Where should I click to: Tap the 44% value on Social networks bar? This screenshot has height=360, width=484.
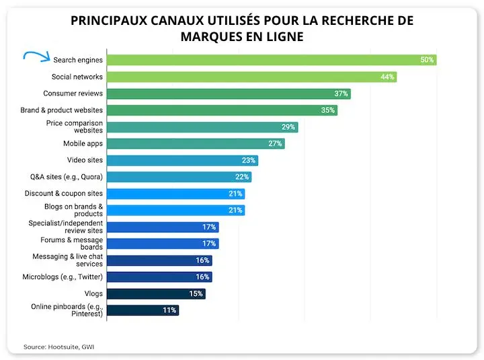click(x=387, y=77)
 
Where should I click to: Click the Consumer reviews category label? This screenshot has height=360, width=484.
click(x=73, y=94)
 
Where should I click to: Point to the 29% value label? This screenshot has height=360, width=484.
click(x=288, y=127)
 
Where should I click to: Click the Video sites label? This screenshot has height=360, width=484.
click(x=85, y=160)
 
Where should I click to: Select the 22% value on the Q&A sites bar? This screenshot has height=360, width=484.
click(x=242, y=177)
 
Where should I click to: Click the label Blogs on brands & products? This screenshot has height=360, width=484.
click(x=74, y=210)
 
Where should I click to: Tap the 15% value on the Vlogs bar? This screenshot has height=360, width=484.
click(x=196, y=293)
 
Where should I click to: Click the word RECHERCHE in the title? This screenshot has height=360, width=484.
click(x=356, y=21)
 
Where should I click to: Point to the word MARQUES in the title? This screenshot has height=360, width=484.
click(x=211, y=37)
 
